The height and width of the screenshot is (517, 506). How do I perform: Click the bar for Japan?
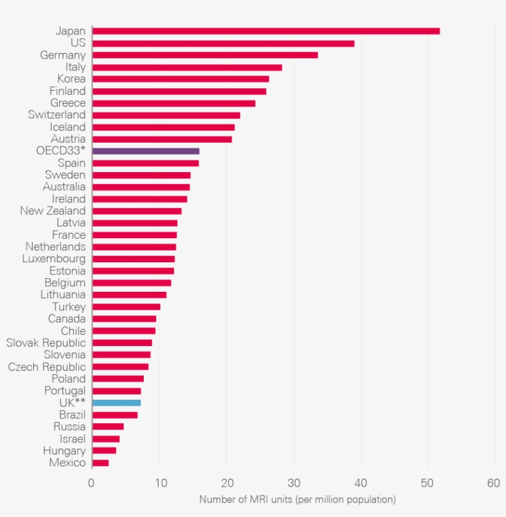[x=265, y=31]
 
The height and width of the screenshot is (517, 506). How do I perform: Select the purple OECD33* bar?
[x=146, y=151]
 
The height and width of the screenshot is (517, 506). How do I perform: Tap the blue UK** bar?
[x=117, y=403]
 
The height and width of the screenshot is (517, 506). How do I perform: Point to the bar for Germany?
[x=205, y=55]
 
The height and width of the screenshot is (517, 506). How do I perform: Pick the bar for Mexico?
[x=101, y=463]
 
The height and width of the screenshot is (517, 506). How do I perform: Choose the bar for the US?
[x=223, y=43]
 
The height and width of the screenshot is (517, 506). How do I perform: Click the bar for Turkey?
[x=126, y=307]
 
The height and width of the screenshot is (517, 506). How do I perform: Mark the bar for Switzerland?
[x=166, y=115]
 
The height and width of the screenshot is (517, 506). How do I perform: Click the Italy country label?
[x=75, y=67]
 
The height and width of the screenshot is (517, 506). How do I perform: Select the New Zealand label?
[x=52, y=211]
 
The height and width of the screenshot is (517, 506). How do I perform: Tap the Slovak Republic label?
[x=46, y=343]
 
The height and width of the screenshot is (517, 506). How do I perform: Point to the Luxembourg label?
[x=54, y=259]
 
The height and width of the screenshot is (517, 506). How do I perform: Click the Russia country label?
[x=69, y=427]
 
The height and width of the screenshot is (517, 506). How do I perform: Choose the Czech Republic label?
[x=47, y=367]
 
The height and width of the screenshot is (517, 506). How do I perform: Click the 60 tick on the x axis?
[x=493, y=484]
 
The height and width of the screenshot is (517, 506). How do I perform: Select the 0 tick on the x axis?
[x=91, y=484]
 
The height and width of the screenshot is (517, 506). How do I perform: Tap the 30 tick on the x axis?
[x=292, y=484]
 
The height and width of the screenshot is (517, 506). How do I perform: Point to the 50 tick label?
[x=426, y=484]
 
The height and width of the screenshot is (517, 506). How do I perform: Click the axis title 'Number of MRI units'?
[x=297, y=500]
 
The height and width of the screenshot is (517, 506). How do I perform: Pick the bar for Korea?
[x=180, y=79]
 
